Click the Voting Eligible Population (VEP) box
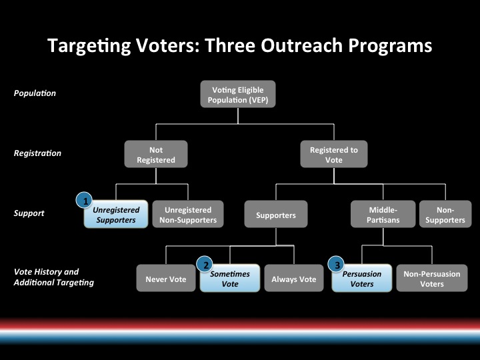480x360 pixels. point(238,94)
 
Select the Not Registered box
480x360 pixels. point(156,154)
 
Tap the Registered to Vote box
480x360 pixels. point(334,154)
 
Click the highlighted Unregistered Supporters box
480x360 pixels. point(116,214)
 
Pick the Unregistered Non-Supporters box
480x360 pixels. point(188,214)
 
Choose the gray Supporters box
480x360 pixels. point(276,214)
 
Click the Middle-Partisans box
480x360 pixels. point(383,214)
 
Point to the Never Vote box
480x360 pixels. point(166,278)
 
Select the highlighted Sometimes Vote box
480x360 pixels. point(230,278)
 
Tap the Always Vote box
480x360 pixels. point(294,278)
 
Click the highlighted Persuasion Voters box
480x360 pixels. point(362,278)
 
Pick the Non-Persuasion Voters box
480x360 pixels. point(432,278)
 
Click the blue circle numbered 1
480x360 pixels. point(84,201)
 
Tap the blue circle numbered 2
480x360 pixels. point(205,265)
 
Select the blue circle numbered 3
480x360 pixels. point(336,265)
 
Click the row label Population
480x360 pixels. point(35,93)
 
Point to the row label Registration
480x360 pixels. point(37,153)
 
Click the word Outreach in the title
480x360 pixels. point(301,45)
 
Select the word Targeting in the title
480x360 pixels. point(89,46)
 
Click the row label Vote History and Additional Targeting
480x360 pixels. point(54,277)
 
